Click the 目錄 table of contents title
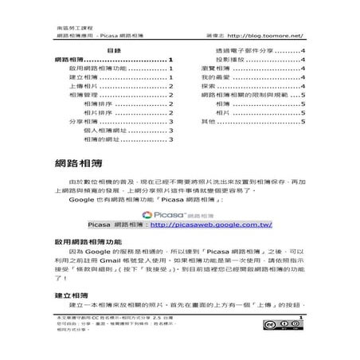tap(112, 49)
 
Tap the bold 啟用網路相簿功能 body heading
tap(91, 240)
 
